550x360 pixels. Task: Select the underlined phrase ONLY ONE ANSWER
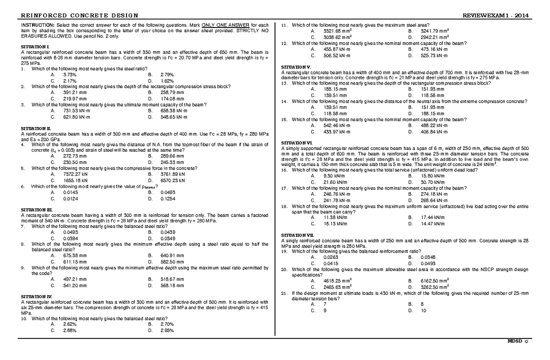pos(214,24)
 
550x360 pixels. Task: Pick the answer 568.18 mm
pos(172,285)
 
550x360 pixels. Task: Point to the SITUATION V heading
pos(296,67)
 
